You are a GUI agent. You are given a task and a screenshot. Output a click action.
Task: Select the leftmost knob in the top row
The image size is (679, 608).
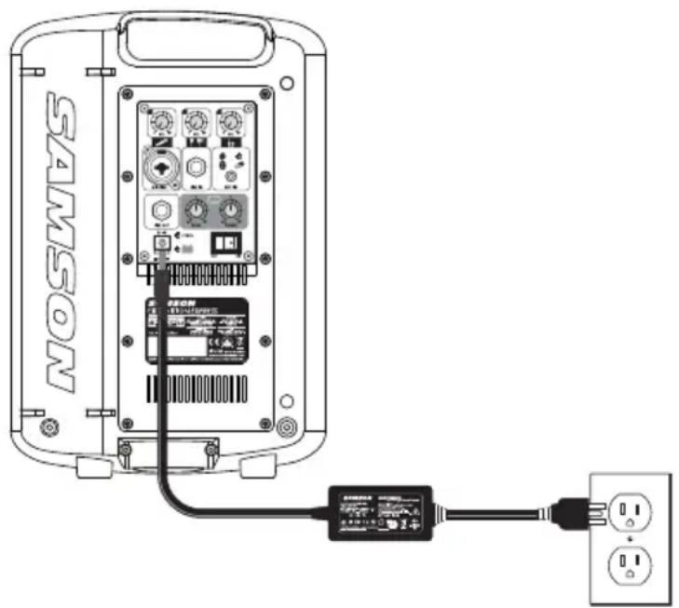click(x=159, y=122)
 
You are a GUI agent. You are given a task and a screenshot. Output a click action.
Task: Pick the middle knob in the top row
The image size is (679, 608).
click(x=196, y=122)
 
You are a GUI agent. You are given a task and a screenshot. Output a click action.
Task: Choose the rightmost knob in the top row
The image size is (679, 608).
click(x=230, y=122)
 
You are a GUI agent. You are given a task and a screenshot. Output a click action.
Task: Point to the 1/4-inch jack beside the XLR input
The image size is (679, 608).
click(x=197, y=169)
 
